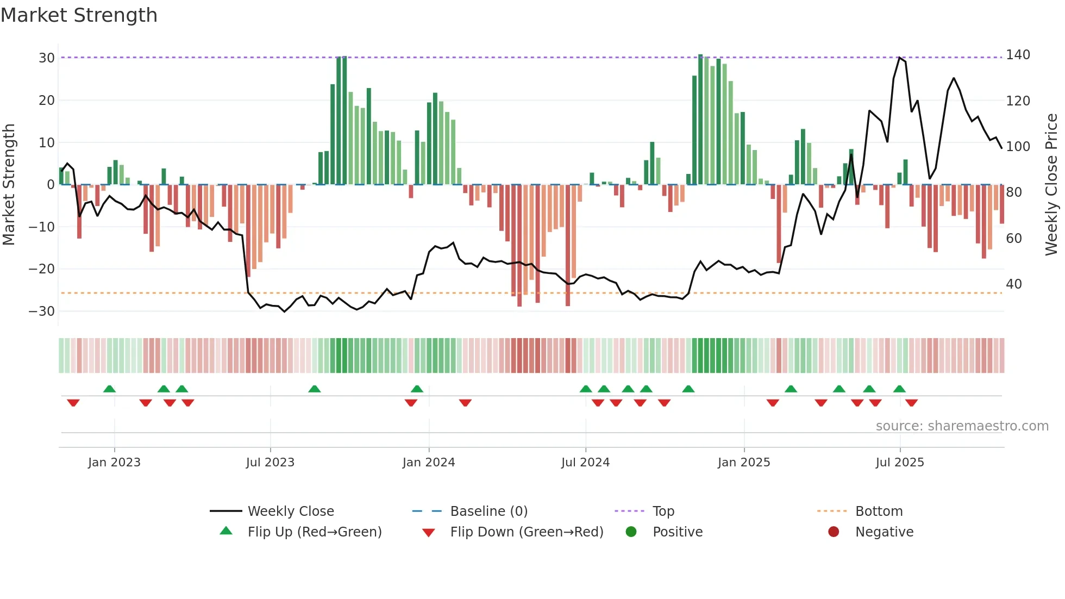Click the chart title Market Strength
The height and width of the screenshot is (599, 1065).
[x=79, y=15]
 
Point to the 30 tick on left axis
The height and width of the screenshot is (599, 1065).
[x=47, y=58]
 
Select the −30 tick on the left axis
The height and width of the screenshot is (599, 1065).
[x=42, y=311]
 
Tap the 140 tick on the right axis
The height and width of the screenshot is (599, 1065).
[x=1018, y=55]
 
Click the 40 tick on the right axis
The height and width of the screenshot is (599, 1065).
[x=1013, y=284]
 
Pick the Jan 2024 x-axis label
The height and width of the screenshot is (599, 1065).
[x=428, y=463]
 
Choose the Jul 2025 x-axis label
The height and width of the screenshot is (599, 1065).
[x=899, y=463]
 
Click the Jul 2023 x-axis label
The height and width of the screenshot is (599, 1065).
[x=270, y=463]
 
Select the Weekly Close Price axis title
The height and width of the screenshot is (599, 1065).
[x=1051, y=184]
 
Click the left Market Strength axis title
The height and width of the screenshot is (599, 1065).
[x=9, y=184]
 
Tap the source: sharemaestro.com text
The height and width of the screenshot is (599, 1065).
[x=962, y=426]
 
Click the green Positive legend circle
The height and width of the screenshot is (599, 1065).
[x=631, y=532]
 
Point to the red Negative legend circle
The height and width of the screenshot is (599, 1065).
[x=833, y=532]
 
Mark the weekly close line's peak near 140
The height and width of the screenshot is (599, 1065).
[x=899, y=58]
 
